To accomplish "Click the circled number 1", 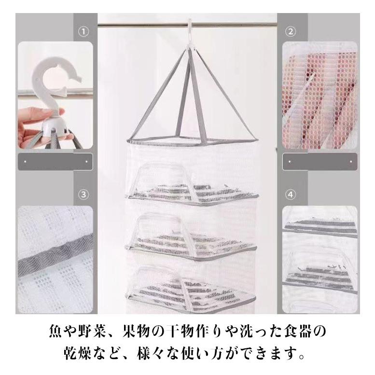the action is click(x=83, y=31).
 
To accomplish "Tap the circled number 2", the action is click(x=291, y=31).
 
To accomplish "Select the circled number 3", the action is click(x=83, y=194).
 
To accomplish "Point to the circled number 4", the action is click(x=291, y=194).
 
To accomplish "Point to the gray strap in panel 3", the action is click(x=55, y=256).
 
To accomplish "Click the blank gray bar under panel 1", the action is click(x=55, y=162).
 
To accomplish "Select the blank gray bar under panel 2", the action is click(x=320, y=162).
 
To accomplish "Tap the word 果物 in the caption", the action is click(x=136, y=332).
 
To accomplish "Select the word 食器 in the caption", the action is click(x=298, y=332).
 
